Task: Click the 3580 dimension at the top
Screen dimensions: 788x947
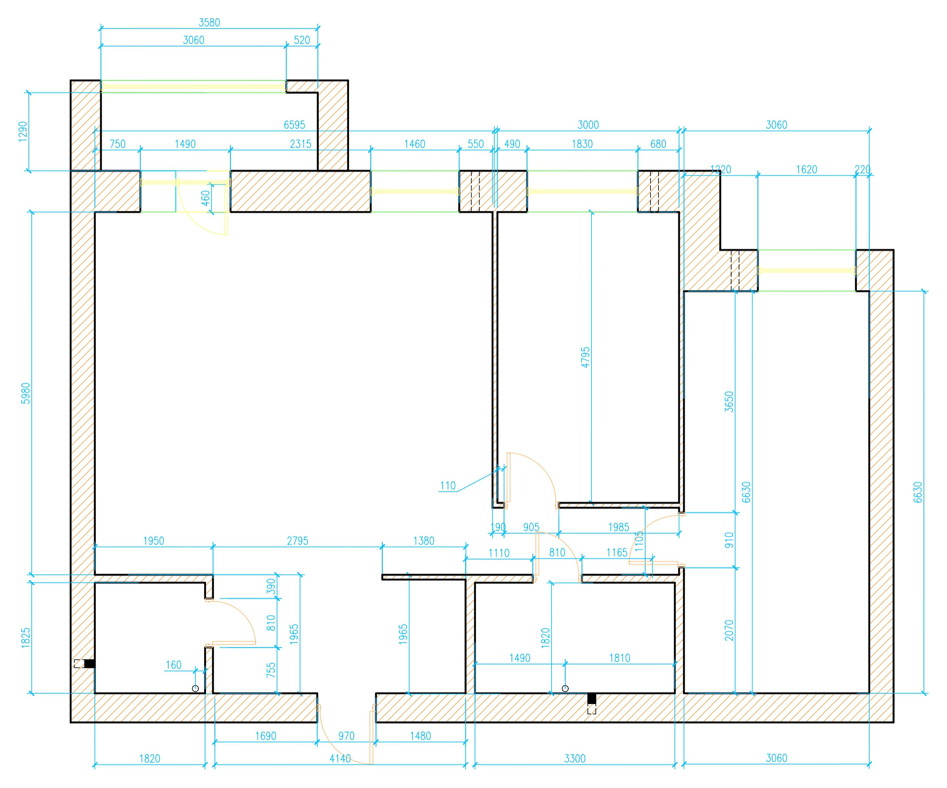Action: click(x=209, y=23)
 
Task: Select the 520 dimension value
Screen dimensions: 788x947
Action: click(x=302, y=40)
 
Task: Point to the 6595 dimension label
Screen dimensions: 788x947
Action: click(x=294, y=125)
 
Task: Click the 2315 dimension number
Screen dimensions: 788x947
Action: click(x=300, y=144)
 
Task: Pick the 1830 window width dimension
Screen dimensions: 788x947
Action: click(x=582, y=144)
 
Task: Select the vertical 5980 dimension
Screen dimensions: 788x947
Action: click(x=26, y=393)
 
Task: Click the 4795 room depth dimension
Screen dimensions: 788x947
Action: click(x=585, y=357)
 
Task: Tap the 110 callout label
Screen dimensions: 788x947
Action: click(x=448, y=486)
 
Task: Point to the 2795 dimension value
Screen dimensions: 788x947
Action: click(x=297, y=541)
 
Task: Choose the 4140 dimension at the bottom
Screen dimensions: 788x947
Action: click(x=340, y=759)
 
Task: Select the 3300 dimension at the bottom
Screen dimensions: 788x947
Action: click(x=575, y=759)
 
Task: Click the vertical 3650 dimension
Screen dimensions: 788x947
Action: click(x=729, y=402)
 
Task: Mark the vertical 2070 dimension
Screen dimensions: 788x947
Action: click(x=729, y=630)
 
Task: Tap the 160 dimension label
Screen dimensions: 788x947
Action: click(x=174, y=665)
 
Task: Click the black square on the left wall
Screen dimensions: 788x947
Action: click(x=90, y=664)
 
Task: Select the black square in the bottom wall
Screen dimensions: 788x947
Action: click(x=592, y=699)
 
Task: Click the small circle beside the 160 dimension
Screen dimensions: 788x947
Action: click(x=195, y=689)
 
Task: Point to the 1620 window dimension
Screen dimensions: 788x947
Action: click(x=806, y=170)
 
